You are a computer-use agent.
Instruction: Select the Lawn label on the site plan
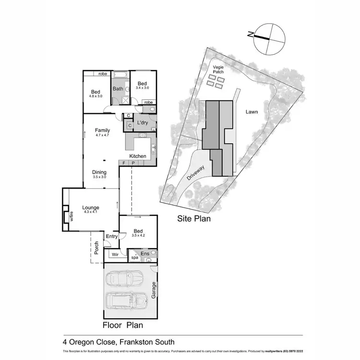pyautogui.click(x=252, y=112)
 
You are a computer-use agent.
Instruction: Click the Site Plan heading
pyautogui.click(x=194, y=218)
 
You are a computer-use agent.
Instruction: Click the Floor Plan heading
pyautogui.click(x=123, y=325)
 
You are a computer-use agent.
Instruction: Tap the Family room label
pyautogui.click(x=102, y=130)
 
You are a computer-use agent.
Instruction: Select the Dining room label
pyautogui.click(x=99, y=172)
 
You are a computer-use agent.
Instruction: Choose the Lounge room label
pyautogui.click(x=90, y=208)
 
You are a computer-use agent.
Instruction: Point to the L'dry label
pyautogui.click(x=142, y=123)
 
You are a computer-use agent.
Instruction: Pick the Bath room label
pyautogui.click(x=118, y=89)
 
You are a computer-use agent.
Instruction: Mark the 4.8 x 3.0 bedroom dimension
pyautogui.click(x=96, y=96)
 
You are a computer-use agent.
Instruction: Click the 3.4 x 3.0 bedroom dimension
pyautogui.click(x=142, y=88)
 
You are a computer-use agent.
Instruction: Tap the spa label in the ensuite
pyautogui.click(x=134, y=258)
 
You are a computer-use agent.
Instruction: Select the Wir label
pyautogui.click(x=115, y=254)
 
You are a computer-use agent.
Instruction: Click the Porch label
pyautogui.click(x=96, y=247)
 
